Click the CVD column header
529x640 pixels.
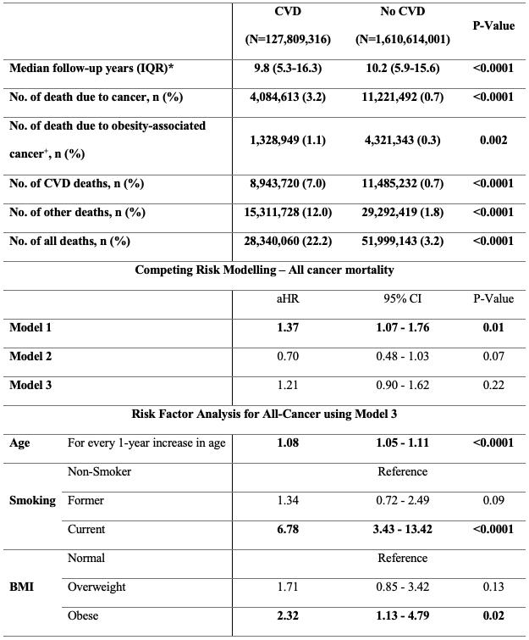tap(288, 13)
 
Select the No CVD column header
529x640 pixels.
tap(402, 13)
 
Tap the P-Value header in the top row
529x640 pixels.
tap(493, 25)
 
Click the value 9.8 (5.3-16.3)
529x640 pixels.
tap(289, 69)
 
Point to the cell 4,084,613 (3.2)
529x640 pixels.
tap(289, 97)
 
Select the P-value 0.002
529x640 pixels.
tap(493, 140)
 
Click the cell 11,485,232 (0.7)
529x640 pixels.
tap(402, 183)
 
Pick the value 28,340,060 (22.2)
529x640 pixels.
tap(289, 241)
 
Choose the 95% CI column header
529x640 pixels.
tap(402, 298)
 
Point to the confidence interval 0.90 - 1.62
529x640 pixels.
tap(402, 385)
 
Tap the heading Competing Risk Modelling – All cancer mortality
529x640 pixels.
tap(263, 270)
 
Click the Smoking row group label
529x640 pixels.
tap(32, 500)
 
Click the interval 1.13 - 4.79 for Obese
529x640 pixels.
tap(402, 615)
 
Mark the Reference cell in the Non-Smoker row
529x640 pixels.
tap(402, 471)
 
